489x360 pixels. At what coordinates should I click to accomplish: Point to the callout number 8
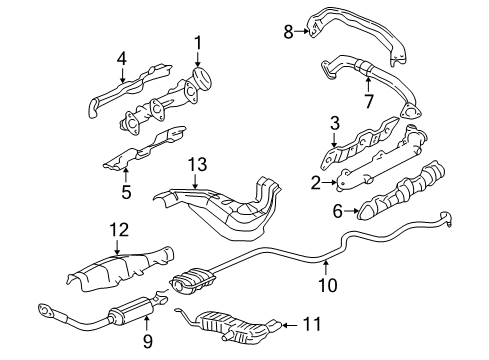point(289,33)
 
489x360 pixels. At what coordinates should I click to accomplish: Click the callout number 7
point(367,101)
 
